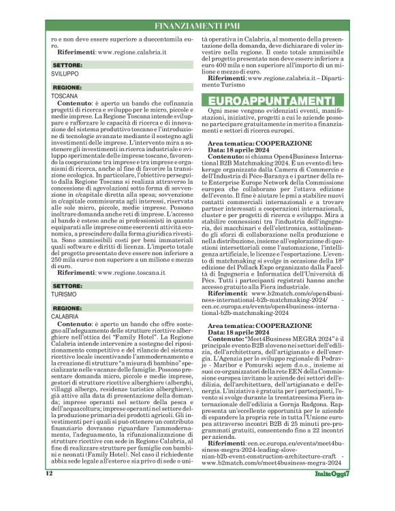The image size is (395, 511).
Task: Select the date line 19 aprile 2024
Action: [x=244, y=331]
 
